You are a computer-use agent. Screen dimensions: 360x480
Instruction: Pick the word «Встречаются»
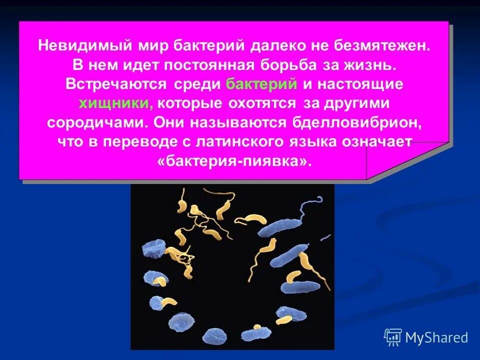116,84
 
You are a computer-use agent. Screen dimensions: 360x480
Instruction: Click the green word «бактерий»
262,84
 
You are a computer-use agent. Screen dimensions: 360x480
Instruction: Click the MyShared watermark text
436,338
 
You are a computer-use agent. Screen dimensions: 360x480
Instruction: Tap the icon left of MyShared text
393,337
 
